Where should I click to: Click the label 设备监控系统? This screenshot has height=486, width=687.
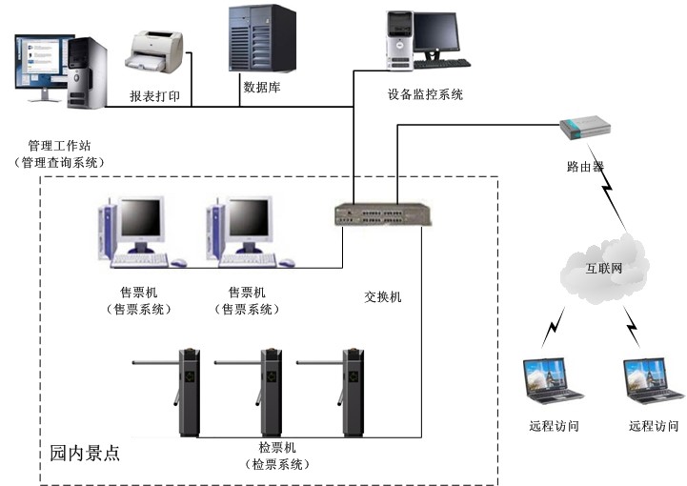click(x=425, y=94)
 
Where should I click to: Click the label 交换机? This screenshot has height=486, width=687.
click(x=383, y=296)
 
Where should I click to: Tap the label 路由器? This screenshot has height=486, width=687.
click(x=585, y=168)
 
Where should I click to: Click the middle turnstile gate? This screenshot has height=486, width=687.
click(x=271, y=391)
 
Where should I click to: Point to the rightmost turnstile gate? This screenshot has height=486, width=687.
click(x=353, y=391)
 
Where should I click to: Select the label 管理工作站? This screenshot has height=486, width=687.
click(x=58, y=146)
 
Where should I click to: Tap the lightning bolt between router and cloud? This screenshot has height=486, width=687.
click(x=609, y=195)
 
